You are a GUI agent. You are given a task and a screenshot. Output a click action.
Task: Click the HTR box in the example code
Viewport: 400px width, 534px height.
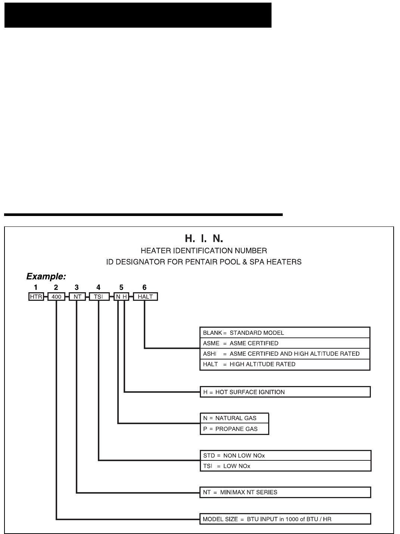click(x=36, y=297)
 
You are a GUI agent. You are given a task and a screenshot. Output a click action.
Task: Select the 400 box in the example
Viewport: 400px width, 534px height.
click(x=56, y=297)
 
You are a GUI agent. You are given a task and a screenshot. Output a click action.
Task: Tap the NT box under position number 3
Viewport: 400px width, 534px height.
click(x=77, y=297)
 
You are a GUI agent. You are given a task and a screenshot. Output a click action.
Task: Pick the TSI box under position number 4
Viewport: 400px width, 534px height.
click(x=99, y=297)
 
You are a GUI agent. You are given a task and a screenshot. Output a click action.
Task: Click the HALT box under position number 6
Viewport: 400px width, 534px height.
click(x=145, y=297)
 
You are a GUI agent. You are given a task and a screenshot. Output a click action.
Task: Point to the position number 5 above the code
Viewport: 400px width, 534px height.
click(x=121, y=287)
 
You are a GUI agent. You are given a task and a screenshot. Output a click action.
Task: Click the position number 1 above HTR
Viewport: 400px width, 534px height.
click(x=36, y=287)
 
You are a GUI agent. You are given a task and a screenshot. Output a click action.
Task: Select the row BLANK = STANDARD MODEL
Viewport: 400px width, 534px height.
click(x=285, y=333)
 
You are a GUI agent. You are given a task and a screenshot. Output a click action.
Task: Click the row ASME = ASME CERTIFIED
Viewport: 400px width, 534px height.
click(x=285, y=343)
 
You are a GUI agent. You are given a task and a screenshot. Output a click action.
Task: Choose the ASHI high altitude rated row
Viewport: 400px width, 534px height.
click(x=285, y=354)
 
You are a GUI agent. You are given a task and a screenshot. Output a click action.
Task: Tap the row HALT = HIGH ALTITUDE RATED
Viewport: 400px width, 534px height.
click(x=285, y=364)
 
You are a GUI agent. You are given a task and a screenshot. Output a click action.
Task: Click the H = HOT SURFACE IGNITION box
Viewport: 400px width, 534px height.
click(x=285, y=392)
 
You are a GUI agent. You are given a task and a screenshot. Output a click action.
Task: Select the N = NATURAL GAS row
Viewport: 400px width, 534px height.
click(x=234, y=418)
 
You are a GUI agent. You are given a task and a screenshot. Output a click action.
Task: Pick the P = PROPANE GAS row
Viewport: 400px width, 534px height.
click(x=234, y=429)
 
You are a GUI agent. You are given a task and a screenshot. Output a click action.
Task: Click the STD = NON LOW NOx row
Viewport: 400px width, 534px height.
click(x=285, y=456)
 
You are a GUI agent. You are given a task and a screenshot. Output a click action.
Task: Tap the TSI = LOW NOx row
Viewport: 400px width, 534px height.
click(x=285, y=466)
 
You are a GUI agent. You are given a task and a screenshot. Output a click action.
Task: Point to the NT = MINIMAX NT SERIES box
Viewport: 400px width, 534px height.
click(x=285, y=492)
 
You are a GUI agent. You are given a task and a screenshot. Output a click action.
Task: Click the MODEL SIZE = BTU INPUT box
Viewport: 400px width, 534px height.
click(x=285, y=519)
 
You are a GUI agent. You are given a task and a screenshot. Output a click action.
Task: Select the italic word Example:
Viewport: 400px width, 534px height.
click(x=46, y=277)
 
